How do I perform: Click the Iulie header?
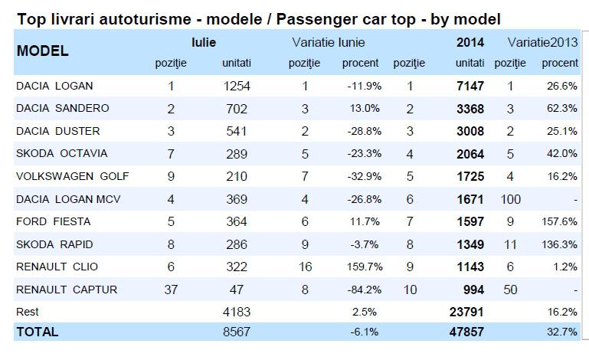204,43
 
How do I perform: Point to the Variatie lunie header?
328,43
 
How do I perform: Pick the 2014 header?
470,43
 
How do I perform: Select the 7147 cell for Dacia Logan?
468,87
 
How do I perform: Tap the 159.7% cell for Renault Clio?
360,267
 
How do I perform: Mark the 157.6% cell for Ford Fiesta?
560,221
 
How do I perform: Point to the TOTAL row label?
37,332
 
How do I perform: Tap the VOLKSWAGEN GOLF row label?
72,176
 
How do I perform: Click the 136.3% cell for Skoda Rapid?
560,244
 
